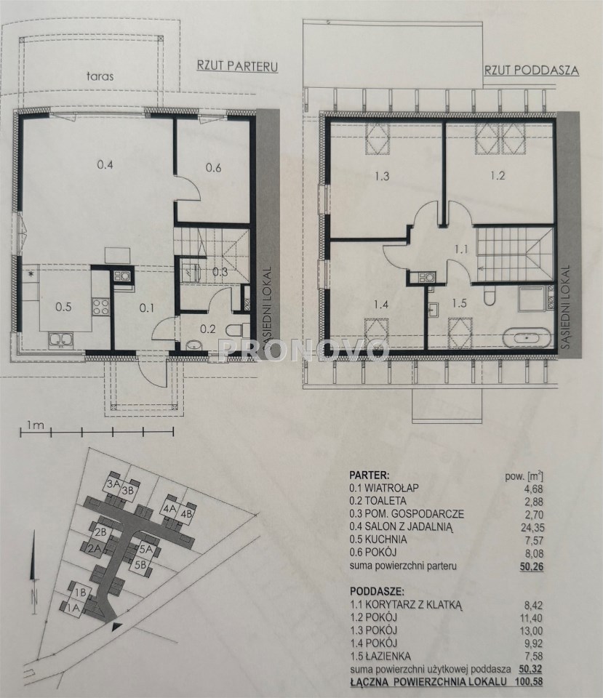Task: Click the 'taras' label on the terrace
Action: (x=100, y=76)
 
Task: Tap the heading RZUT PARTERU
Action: (x=237, y=66)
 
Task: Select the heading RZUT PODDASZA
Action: (x=532, y=70)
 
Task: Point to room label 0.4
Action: (x=105, y=165)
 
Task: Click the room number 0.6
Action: (x=214, y=168)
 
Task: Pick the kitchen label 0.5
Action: (x=64, y=307)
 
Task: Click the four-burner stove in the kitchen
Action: (x=100, y=306)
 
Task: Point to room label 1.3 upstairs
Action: (x=382, y=176)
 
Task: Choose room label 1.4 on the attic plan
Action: (x=382, y=305)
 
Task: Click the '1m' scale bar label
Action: (x=35, y=425)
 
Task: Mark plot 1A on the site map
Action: (x=73, y=606)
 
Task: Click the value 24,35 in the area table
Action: (x=532, y=528)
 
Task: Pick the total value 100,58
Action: (x=530, y=694)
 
